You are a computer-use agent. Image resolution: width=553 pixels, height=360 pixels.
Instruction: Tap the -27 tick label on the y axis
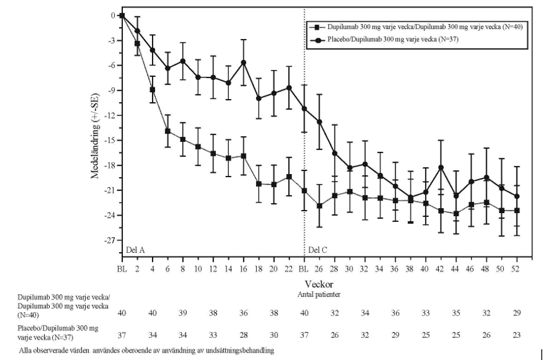109,240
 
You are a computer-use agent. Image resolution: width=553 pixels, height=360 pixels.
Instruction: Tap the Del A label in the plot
136,250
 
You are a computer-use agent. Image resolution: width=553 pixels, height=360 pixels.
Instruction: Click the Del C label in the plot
318,250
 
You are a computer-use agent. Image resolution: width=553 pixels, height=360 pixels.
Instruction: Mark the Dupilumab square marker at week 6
168,131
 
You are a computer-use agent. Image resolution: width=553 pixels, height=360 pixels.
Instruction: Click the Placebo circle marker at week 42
441,167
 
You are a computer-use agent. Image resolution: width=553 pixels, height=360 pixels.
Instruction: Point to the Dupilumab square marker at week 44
456,214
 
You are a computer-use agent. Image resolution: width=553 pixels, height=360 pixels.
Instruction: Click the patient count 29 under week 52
516,313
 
